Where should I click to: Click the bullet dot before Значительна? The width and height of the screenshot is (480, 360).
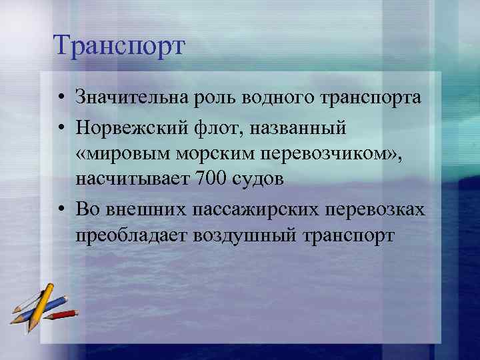(61, 99)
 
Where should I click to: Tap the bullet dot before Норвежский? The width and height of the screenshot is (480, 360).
(61, 126)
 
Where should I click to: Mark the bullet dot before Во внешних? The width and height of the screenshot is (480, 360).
(61, 210)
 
